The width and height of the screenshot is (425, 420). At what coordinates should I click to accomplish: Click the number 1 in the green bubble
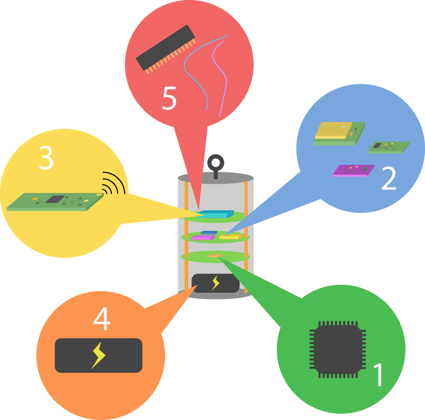pos(379,375)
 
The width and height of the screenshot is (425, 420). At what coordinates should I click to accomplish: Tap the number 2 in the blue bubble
pos(389,180)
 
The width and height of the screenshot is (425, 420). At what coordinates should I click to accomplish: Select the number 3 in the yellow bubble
pos(46,157)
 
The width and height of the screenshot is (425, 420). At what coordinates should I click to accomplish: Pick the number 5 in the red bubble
pos(169,98)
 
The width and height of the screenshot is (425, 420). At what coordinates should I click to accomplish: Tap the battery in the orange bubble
pos(99,356)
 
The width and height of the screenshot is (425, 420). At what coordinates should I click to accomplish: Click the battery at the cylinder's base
pos(215,283)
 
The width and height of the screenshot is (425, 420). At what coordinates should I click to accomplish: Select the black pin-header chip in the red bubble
pos(165,49)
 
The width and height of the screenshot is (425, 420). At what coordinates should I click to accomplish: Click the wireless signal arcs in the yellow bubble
pos(114,183)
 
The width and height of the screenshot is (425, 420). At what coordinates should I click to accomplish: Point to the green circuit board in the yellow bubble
pos(53,202)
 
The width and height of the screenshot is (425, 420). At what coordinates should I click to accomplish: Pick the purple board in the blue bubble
pos(353,170)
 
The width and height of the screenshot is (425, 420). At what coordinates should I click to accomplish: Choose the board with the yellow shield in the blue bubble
pos(337,133)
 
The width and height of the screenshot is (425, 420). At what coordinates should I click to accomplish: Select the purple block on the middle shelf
pos(201,238)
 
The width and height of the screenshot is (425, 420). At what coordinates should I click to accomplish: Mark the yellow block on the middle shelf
pos(229,237)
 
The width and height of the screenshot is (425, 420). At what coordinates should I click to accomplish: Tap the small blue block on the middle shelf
pos(209,232)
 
